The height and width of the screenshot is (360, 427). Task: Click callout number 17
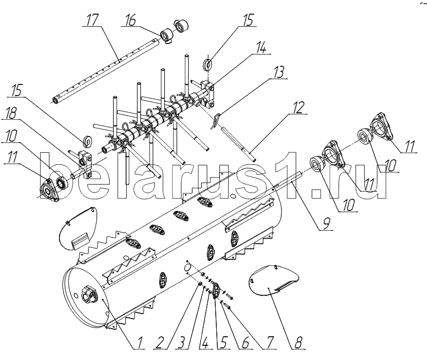(x=92, y=20)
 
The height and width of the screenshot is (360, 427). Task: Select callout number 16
(x=131, y=20)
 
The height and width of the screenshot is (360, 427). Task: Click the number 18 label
(x=11, y=113)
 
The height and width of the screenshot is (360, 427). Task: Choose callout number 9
(x=326, y=223)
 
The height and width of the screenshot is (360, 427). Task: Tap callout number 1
(x=139, y=342)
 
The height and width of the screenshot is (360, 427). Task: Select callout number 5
(x=223, y=342)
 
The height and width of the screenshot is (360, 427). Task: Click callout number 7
(x=269, y=342)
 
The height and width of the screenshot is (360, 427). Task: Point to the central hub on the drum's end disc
(x=88, y=294)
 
